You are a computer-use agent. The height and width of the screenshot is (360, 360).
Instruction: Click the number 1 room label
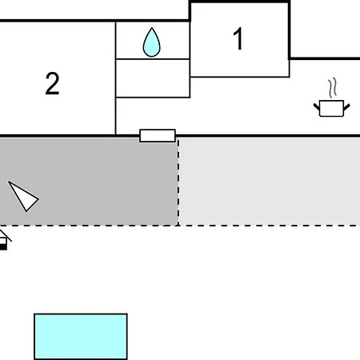coord(238,39)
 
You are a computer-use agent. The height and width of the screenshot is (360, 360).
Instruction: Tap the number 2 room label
coord(52,83)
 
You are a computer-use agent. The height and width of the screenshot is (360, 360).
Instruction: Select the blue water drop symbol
coord(152,42)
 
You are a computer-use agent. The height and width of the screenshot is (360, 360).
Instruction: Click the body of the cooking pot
coord(331,109)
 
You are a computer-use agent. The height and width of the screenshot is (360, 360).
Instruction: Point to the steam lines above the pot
coord(332,88)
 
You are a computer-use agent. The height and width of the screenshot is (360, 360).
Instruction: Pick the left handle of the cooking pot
coord(317,106)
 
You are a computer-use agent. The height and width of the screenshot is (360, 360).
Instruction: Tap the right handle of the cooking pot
coord(346,107)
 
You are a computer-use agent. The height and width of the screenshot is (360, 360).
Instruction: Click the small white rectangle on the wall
coord(158,136)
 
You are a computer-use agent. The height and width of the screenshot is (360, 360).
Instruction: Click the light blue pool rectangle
coord(81,337)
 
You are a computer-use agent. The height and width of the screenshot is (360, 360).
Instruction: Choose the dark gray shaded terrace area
coord(89,182)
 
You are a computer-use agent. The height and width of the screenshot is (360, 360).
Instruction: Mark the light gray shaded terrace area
coord(270,182)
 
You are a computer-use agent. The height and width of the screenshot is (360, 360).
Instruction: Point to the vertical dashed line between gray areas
coord(178,182)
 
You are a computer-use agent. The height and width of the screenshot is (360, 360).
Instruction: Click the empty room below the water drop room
coord(153,78)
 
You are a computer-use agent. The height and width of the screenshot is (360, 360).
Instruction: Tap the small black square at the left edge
coord(3,247)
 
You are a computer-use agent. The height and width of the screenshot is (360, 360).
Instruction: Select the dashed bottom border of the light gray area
coord(270,226)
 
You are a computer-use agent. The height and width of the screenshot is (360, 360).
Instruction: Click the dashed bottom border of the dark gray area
coord(89,226)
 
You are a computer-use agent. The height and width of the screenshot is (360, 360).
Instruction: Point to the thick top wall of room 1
coord(239,2)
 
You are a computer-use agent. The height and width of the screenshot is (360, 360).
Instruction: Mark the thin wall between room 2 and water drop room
coord(115,78)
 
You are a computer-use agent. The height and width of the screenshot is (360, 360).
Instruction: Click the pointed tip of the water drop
coord(152,28)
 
